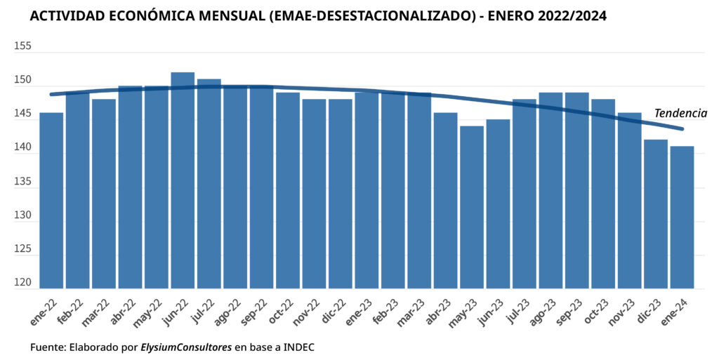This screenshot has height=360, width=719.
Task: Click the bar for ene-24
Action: point(682,218)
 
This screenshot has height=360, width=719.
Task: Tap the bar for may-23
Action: point(472,207)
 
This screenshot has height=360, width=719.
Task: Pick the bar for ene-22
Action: point(51,200)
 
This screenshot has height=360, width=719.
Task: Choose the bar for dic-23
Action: point(656,214)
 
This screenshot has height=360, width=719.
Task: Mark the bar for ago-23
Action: point(550,190)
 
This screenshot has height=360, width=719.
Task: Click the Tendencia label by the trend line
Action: point(680,113)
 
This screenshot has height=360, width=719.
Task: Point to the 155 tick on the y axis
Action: point(22,46)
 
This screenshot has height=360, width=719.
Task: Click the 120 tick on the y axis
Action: point(22,283)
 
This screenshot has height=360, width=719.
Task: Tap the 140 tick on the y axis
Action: point(22,148)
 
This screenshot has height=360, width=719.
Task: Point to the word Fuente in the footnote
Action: point(48,347)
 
